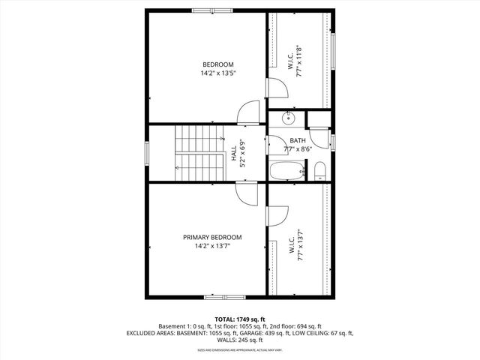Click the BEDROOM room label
[x=217, y=64]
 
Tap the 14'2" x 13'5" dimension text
[x=217, y=73]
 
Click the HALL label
[x=233, y=154]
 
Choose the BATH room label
[x=298, y=140]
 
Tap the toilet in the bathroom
[x=319, y=170]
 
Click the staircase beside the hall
[x=199, y=154]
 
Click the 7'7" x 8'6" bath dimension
[x=298, y=149]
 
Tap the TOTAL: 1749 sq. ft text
[x=239, y=319]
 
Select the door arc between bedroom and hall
[x=248, y=115]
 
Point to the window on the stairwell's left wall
[x=147, y=152]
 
